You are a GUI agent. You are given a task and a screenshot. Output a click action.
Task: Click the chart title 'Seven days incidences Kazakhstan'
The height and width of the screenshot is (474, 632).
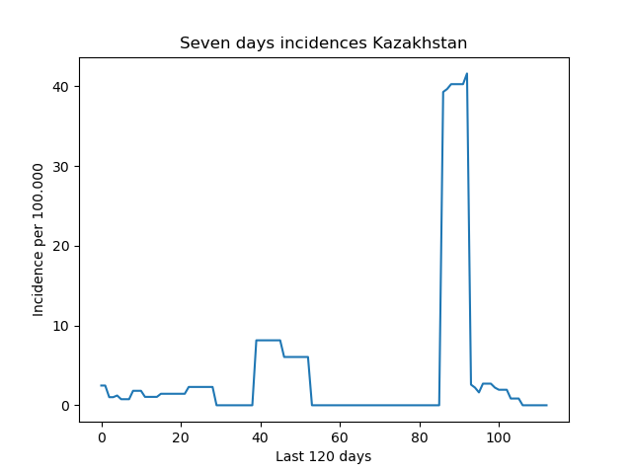tap(323, 42)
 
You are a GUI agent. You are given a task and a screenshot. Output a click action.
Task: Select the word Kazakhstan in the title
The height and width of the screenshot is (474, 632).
tap(420, 42)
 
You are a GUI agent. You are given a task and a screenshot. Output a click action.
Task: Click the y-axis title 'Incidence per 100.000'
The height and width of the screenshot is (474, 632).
tap(38, 240)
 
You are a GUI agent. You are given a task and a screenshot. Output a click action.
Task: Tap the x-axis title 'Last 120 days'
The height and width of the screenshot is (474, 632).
tap(323, 456)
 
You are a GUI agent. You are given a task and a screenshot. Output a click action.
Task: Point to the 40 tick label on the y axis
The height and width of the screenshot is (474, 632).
tap(60, 87)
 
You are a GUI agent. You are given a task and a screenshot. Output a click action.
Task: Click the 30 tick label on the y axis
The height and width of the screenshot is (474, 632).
tap(60, 167)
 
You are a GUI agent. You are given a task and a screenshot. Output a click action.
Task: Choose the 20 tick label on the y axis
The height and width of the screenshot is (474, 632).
tap(60, 246)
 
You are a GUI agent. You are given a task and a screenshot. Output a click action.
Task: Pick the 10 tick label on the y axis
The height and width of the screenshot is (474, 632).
tap(60, 326)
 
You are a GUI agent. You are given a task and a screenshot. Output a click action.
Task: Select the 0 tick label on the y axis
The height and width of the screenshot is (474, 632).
tap(65, 406)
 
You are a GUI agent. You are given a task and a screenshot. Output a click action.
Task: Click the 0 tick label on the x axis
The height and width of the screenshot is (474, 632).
tap(102, 437)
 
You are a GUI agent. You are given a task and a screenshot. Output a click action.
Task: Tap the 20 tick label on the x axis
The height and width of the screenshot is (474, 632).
tap(181, 437)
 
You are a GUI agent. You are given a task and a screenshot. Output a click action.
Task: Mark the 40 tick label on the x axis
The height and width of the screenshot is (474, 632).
tap(260, 437)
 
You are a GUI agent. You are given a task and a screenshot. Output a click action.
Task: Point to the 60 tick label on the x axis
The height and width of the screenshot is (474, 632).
tap(340, 437)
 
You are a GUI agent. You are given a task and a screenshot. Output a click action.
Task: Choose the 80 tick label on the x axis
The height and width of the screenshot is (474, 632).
tap(419, 437)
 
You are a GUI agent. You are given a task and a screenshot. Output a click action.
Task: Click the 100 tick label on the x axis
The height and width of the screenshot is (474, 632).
tap(499, 437)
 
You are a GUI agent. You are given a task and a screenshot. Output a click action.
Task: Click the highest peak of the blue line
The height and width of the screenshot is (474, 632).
tap(467, 73)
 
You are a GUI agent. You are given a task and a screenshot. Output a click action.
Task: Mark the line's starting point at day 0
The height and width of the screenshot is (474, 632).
tap(101, 385)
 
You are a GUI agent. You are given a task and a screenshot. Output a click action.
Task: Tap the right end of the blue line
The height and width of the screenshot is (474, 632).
tap(547, 405)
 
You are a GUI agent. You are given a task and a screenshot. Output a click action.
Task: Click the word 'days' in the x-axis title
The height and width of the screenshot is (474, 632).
tap(355, 456)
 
